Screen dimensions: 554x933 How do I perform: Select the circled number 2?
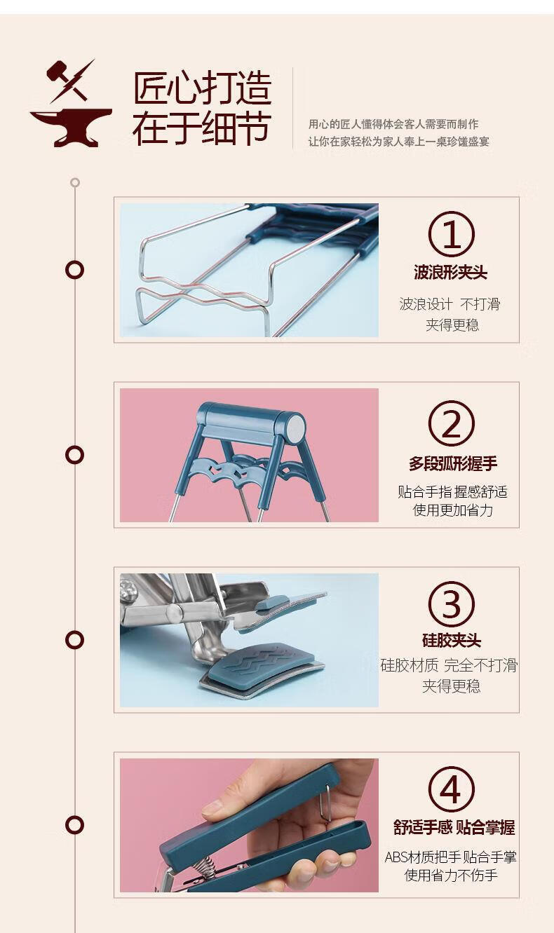pyautogui.click(x=451, y=423)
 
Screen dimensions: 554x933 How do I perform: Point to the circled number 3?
pyautogui.click(x=451, y=604)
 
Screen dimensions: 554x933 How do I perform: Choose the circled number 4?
pyautogui.click(x=451, y=789)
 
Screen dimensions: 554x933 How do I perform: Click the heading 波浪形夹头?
pyautogui.click(x=451, y=273)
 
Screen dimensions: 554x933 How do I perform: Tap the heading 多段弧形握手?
pyautogui.click(x=453, y=463)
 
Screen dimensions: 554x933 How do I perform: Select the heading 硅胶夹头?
pyautogui.click(x=452, y=640)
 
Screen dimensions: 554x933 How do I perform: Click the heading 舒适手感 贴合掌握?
pyautogui.click(x=454, y=827)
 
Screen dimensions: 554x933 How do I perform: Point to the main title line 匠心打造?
pyautogui.click(x=203, y=88)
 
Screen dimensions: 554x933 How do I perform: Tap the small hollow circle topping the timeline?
pyautogui.click(x=75, y=182)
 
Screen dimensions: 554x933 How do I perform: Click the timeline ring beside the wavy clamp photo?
pyautogui.click(x=74, y=269)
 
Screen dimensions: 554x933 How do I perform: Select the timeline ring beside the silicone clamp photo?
pyautogui.click(x=74, y=640)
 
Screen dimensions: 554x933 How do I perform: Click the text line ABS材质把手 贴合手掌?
pyautogui.click(x=451, y=857)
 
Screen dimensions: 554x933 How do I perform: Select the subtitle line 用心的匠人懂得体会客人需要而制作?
pyautogui.click(x=393, y=123)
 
